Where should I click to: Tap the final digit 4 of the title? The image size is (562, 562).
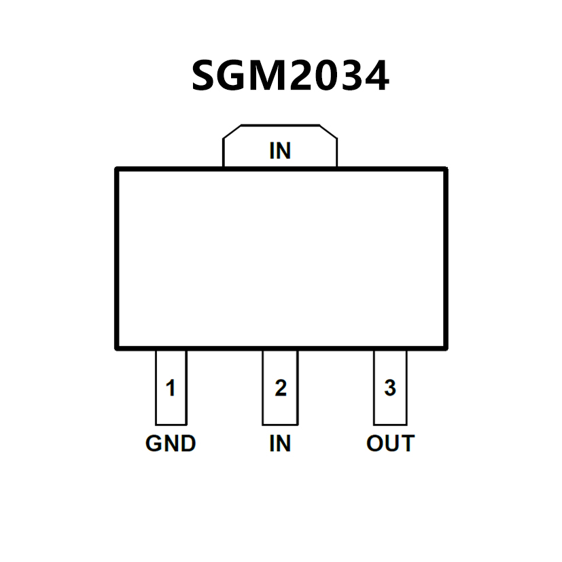376,75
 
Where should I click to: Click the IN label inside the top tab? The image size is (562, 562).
280,151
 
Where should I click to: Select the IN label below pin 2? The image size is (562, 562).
280,444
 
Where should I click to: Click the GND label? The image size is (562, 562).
171,444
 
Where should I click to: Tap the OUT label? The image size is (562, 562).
390,444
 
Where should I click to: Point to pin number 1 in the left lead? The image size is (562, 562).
171,389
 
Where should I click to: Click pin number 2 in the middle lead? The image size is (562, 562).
280,389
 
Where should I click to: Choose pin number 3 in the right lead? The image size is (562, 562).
390,388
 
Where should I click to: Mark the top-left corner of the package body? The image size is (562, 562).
117,169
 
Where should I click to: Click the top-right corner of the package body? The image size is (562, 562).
446,169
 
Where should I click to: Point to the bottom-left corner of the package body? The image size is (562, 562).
117,348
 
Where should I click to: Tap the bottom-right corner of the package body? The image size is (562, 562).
446,348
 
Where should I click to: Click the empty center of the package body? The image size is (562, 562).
281,258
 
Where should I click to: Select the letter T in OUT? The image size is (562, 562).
407,444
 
